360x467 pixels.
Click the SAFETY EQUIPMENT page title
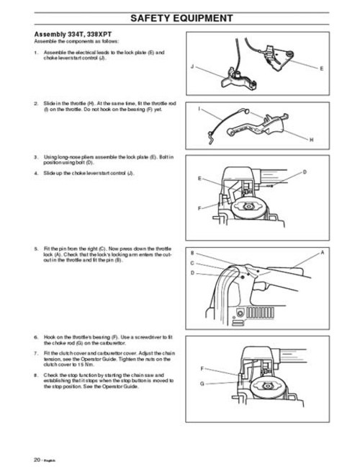[x=180, y=17]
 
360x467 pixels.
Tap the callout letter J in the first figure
[x=193, y=66]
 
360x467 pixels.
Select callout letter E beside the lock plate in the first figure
[x=320, y=68]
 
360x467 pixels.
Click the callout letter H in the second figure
[x=311, y=138]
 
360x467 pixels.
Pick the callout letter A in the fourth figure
[x=322, y=253]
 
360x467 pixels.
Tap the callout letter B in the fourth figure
[x=192, y=254]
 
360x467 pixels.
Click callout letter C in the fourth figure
[x=192, y=264]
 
